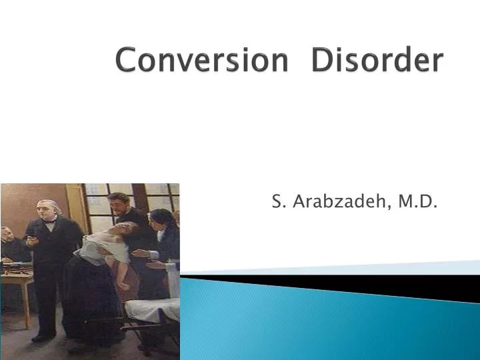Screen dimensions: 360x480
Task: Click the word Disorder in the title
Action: click(x=377, y=61)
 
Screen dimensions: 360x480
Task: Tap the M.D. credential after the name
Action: click(x=418, y=201)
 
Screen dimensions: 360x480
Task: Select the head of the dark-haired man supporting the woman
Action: click(x=121, y=202)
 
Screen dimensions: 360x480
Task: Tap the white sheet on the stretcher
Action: click(x=153, y=310)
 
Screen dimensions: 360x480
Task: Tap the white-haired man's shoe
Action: click(x=41, y=339)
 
